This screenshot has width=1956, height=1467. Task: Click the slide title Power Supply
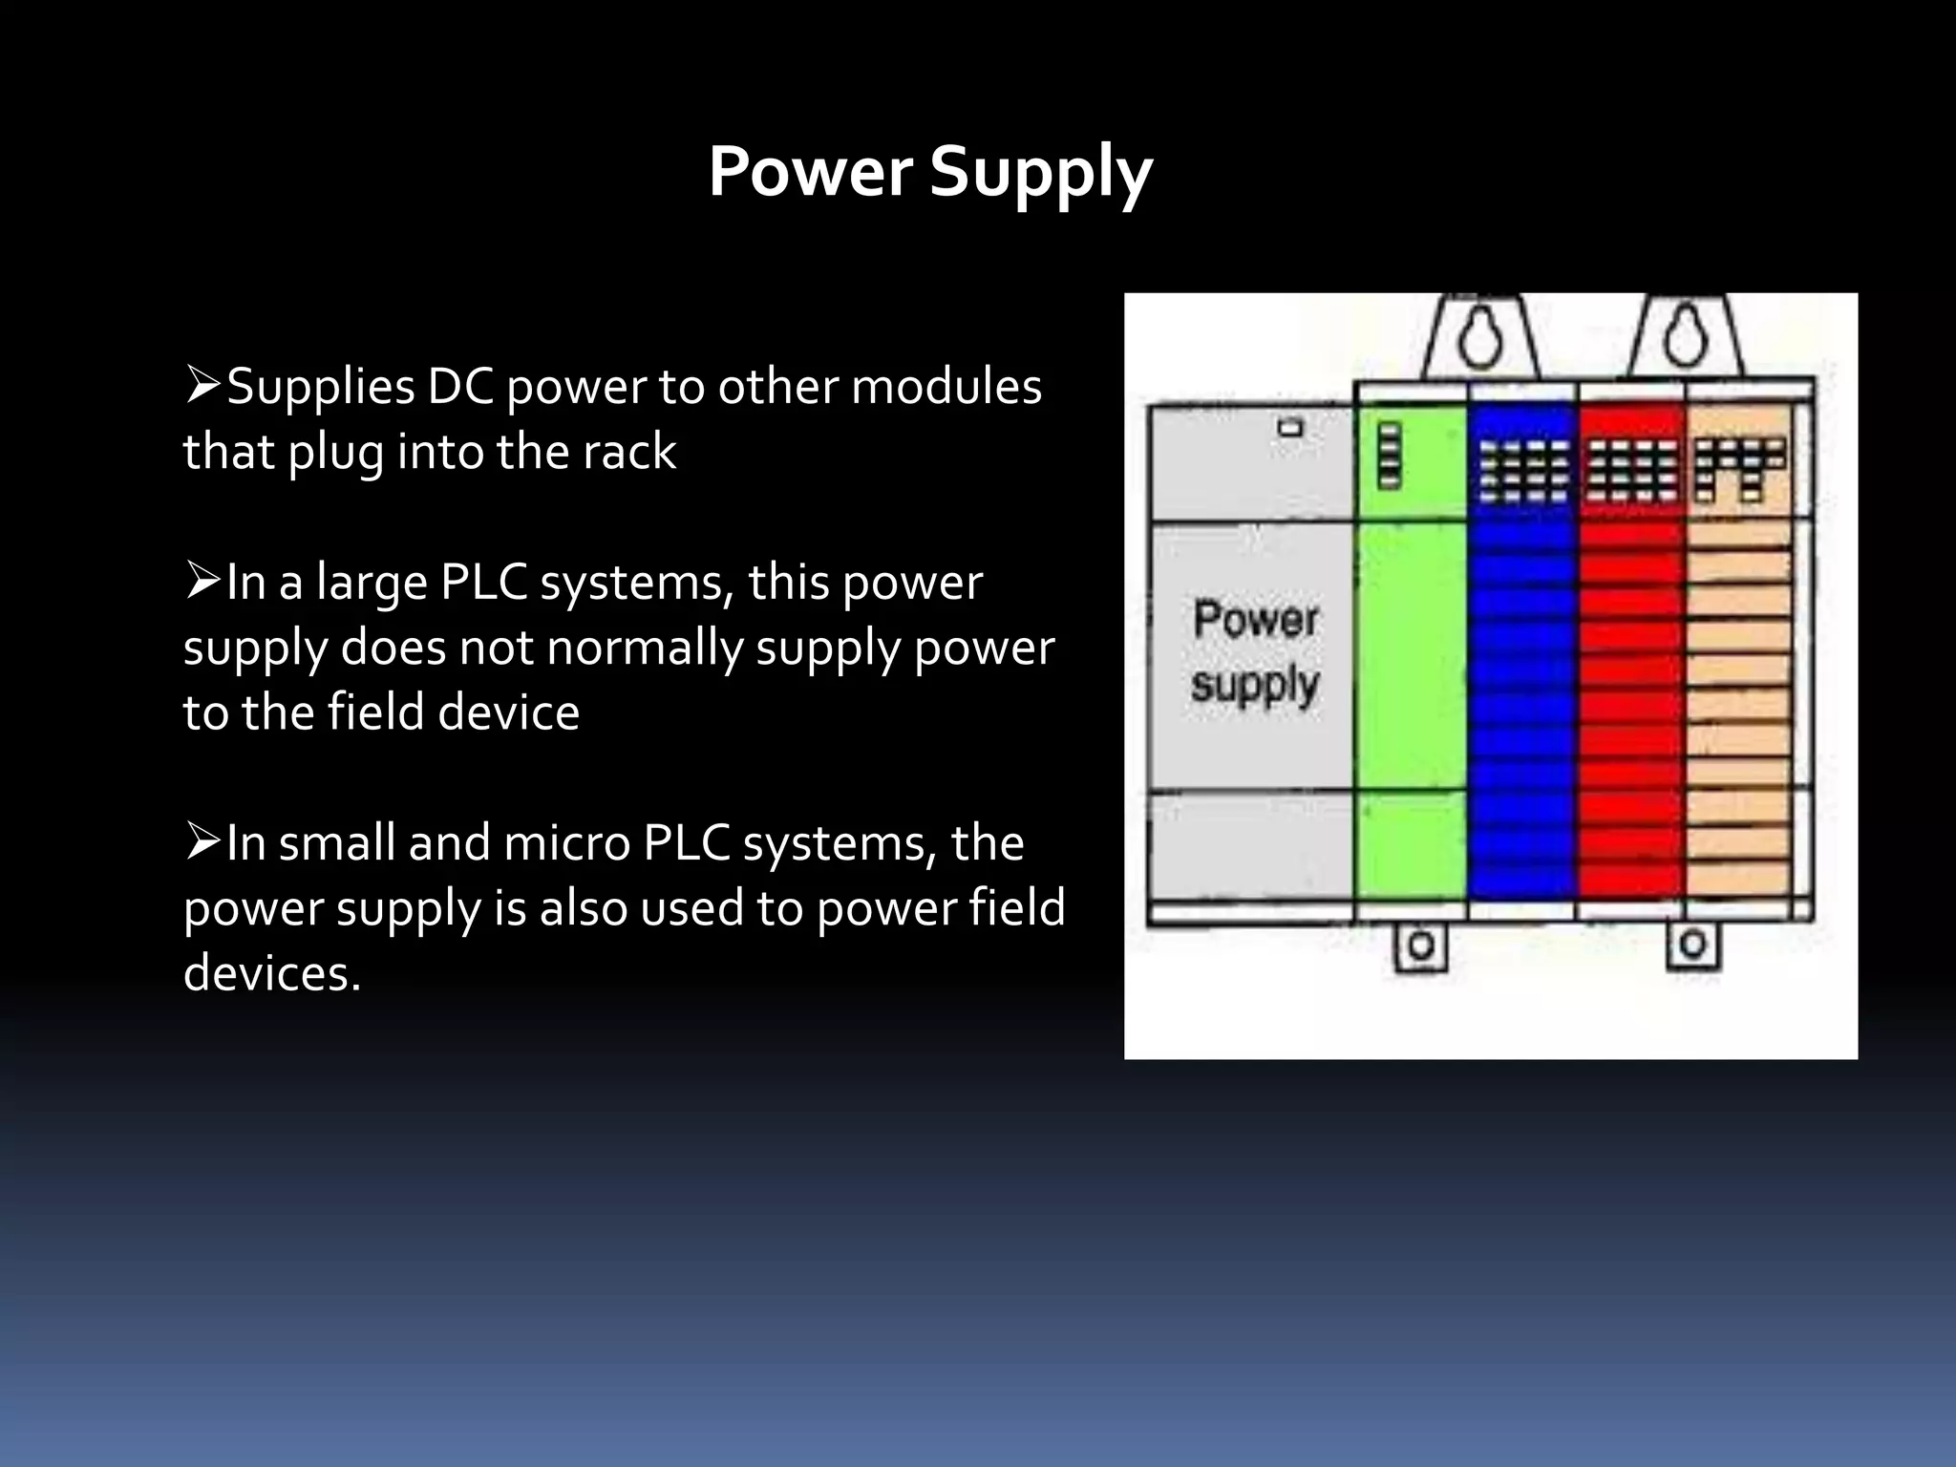point(930,172)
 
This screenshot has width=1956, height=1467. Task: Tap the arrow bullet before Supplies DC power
point(202,386)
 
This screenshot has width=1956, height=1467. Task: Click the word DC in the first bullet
point(462,388)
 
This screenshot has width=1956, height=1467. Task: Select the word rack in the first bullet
point(629,452)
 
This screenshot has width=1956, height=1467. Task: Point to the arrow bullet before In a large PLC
point(202,582)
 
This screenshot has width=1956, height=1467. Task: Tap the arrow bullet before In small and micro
point(202,842)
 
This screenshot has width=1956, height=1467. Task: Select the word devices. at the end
point(272,973)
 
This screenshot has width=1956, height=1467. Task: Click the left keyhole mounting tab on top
point(1480,339)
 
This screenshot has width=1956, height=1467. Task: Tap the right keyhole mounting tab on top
point(1687,339)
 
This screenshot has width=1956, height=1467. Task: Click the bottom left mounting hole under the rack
point(1421,946)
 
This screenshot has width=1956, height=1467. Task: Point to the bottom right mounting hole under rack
point(1693,945)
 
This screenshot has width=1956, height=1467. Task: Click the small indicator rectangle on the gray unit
point(1290,427)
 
